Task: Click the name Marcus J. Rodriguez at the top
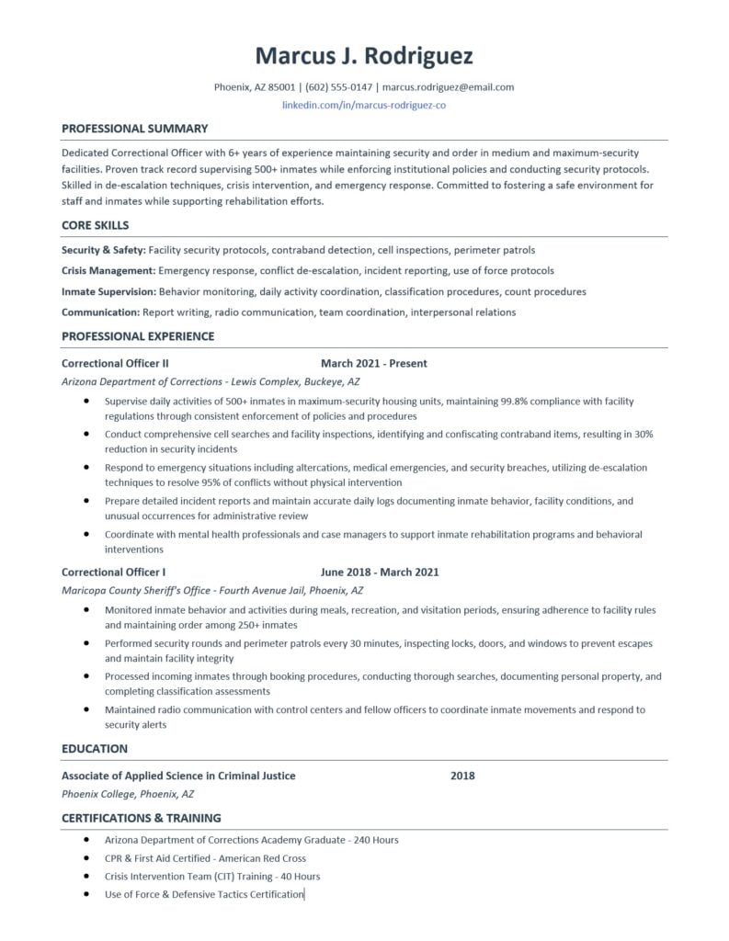coord(364,56)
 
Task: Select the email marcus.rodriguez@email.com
coord(448,87)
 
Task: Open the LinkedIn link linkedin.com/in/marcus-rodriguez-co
coord(364,106)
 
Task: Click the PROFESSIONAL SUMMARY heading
coord(134,129)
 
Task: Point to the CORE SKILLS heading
coord(95,225)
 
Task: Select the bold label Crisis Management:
coord(108,271)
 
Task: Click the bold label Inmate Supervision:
coord(108,291)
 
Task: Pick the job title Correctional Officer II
coord(115,363)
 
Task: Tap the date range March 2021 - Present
coord(373,363)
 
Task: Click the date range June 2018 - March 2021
coord(380,572)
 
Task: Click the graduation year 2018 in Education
coord(462,776)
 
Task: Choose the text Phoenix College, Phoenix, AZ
coord(128,794)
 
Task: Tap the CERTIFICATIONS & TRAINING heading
coord(141,818)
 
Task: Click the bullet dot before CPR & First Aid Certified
coord(86,857)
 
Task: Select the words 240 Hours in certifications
coord(376,840)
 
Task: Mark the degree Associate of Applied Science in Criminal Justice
coord(178,776)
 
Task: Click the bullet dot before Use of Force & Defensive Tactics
coord(86,893)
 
